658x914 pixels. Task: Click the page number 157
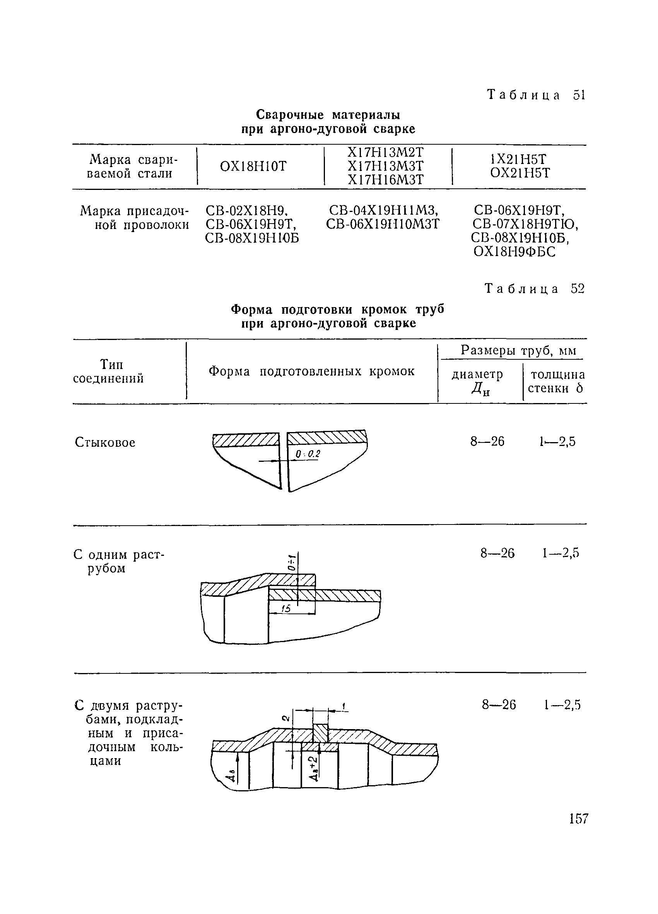[579, 818]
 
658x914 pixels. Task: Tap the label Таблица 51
[535, 95]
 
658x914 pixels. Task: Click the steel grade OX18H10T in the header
[253, 166]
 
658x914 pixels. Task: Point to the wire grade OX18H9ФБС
[514, 252]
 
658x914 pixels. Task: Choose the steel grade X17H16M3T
[386, 180]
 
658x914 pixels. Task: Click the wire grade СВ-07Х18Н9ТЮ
[525, 224]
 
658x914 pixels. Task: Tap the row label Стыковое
[105, 442]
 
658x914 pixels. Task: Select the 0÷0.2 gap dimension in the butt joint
[308, 454]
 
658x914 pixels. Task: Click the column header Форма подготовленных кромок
[311, 371]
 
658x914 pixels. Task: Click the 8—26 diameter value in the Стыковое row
[487, 442]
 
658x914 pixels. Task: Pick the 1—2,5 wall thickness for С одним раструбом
[561, 554]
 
